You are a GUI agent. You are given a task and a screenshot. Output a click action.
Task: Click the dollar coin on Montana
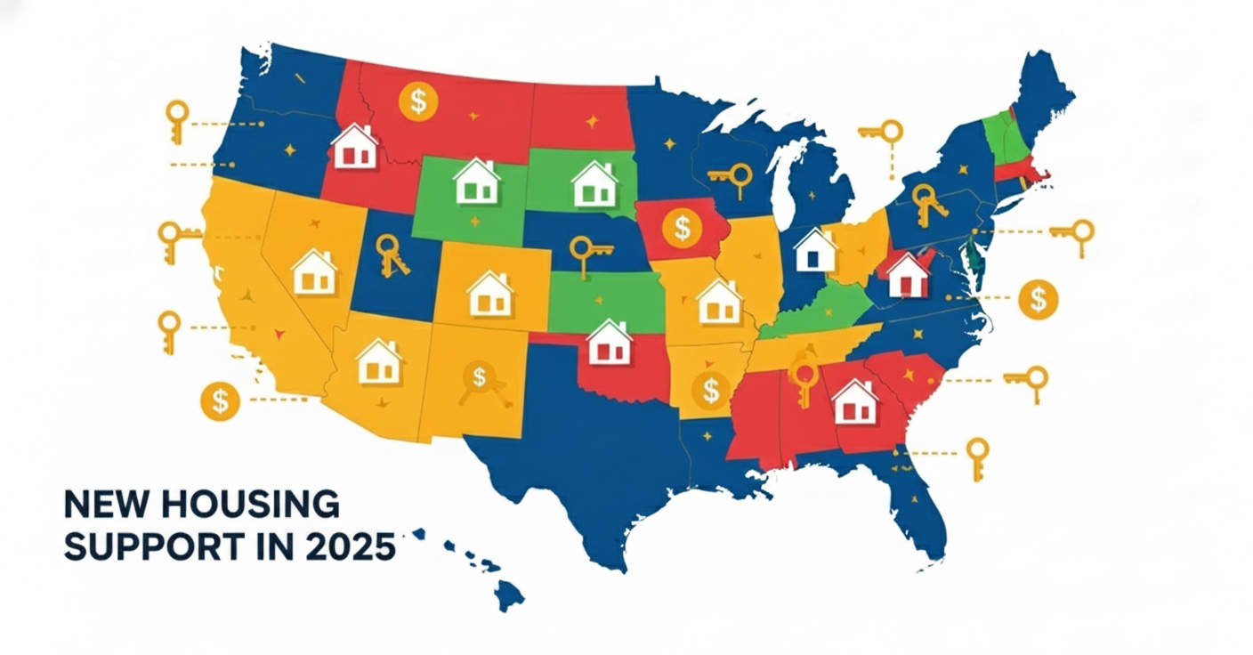[418, 101]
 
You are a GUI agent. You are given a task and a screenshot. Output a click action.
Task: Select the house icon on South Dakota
[594, 184]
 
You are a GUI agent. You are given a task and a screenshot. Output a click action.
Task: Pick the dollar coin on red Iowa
[682, 228]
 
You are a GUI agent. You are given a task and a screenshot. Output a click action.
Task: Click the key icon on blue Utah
[392, 255]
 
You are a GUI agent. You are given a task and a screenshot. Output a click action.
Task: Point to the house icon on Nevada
[314, 272]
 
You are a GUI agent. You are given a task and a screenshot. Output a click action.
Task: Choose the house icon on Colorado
[490, 295]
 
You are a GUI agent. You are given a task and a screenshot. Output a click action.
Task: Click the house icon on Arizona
[379, 361]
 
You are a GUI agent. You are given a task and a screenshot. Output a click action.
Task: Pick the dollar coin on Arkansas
[710, 389]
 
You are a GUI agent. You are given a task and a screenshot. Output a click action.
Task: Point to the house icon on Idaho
[354, 147]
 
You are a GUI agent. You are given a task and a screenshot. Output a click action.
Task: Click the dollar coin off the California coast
[220, 401]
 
